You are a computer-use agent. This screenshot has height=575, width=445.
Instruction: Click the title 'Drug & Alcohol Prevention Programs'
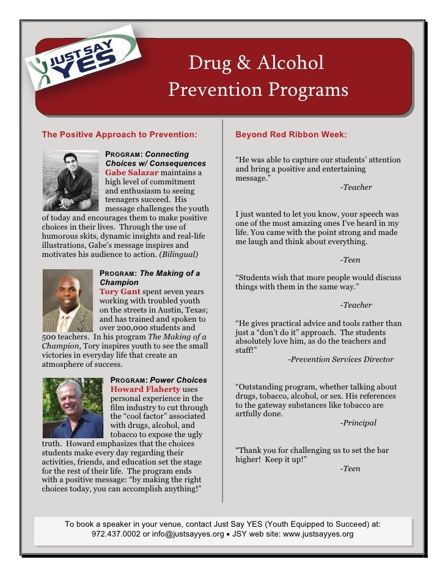(x=257, y=77)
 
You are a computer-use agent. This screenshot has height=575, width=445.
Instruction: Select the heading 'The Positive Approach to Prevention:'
(x=120, y=134)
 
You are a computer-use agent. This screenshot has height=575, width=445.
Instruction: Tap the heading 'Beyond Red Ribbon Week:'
(x=291, y=134)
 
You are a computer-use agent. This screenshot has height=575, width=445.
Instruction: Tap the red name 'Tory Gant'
(x=120, y=292)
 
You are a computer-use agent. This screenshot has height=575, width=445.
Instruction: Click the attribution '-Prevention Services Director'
(x=340, y=360)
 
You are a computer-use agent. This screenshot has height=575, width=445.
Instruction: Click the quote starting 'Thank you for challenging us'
(x=312, y=455)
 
